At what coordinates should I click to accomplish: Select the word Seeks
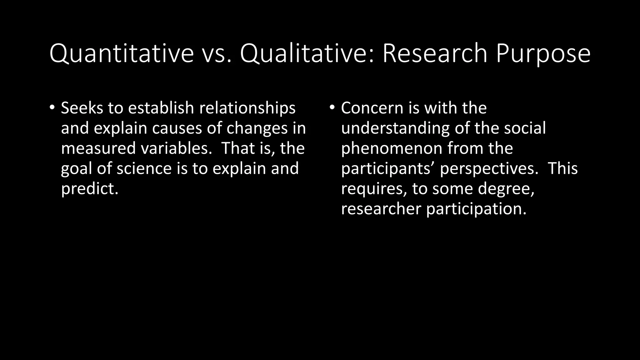click(x=82, y=108)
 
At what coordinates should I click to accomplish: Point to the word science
click(x=144, y=168)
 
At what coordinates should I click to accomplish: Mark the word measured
click(x=98, y=148)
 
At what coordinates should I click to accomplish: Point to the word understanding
click(x=395, y=128)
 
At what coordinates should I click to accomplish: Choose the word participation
click(x=476, y=209)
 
